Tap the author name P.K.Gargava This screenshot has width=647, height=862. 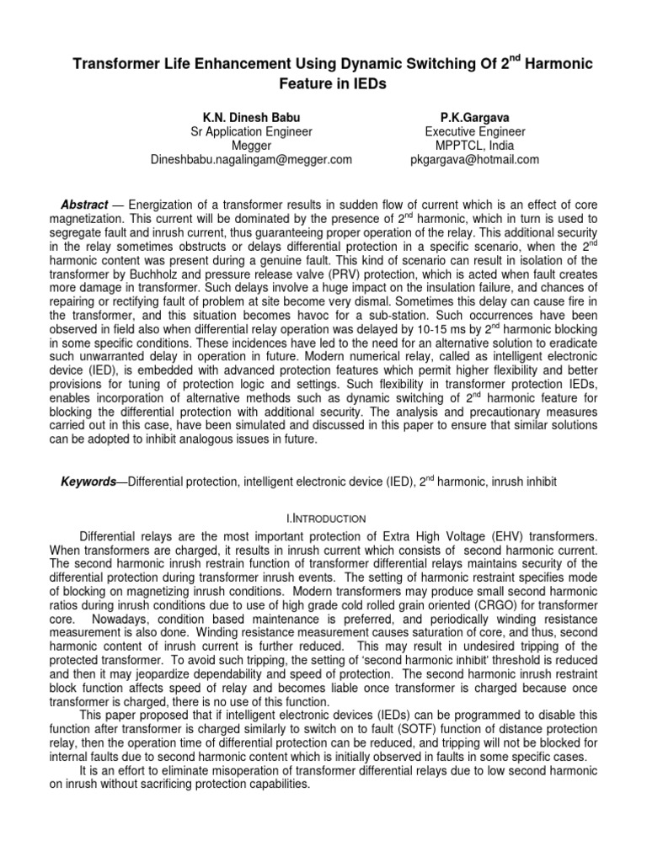pos(475,118)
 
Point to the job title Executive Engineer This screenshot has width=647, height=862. pos(475,132)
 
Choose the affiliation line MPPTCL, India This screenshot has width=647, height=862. pos(475,146)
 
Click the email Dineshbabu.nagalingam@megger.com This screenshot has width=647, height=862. pos(250,160)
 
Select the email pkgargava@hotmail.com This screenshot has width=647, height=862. pos(475,160)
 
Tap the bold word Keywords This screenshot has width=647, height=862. pos(88,481)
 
